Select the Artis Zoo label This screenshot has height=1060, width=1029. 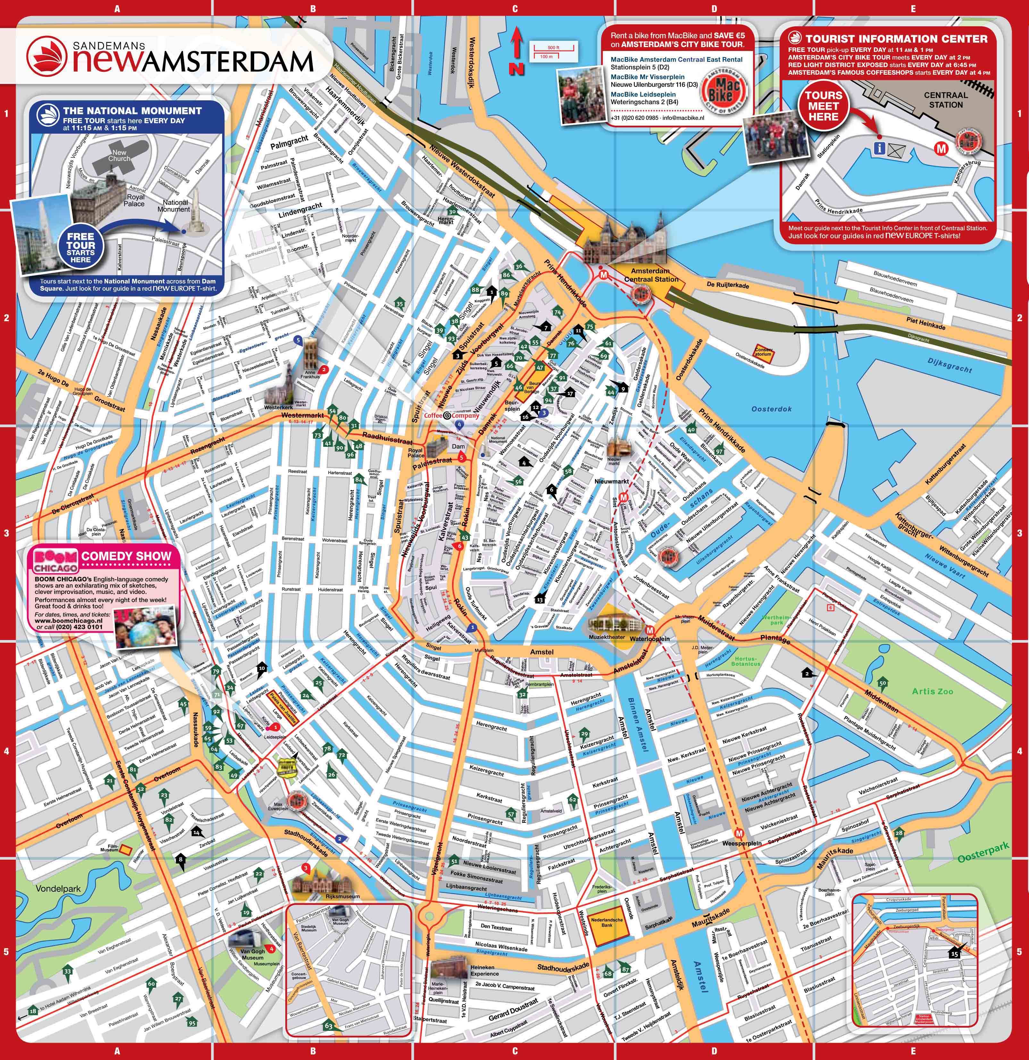click(932, 691)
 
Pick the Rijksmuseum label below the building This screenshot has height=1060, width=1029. click(342, 896)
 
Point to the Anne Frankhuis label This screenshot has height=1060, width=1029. click(310, 374)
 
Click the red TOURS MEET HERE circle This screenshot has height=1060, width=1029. click(823, 106)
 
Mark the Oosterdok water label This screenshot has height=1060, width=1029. click(772, 409)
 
